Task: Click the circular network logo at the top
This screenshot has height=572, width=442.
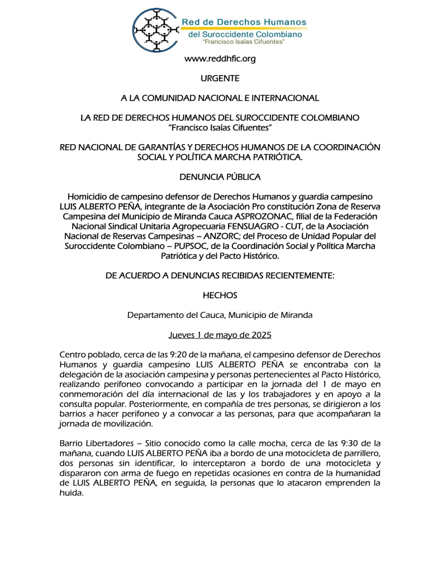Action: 155,30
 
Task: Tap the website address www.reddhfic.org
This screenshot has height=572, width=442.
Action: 220,59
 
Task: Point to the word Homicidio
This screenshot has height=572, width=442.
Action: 88,197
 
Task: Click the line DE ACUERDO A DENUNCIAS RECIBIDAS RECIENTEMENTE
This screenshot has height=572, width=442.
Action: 220,275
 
